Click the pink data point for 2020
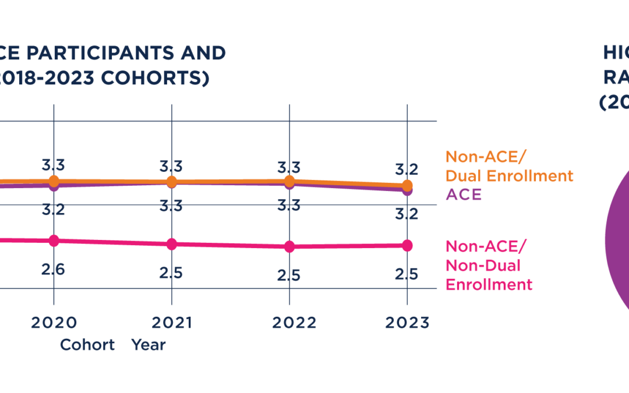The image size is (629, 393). (x=54, y=240)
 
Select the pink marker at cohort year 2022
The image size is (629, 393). (x=289, y=246)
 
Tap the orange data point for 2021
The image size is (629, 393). (x=171, y=182)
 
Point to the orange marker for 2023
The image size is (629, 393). (x=407, y=186)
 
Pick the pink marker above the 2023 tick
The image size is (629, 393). (x=407, y=245)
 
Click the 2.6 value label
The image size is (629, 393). (x=54, y=270)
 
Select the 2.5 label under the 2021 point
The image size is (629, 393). (x=171, y=273)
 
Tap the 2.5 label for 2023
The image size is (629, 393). (x=407, y=274)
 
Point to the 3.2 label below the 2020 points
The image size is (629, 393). (x=54, y=210)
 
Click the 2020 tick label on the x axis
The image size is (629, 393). (x=54, y=323)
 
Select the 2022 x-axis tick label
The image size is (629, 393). (x=289, y=323)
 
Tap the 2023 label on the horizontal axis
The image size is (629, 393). (x=407, y=323)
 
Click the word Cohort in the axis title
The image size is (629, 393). (x=88, y=345)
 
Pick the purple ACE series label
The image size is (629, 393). (x=464, y=194)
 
